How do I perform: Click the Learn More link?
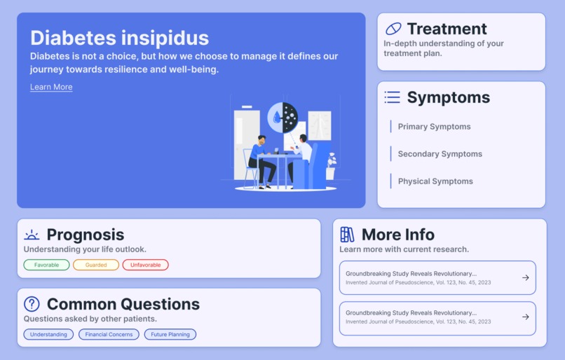(51, 87)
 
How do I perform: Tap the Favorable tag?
(46, 265)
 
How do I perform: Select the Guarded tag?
(96, 265)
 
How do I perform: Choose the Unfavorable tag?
(145, 265)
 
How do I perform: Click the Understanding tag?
(48, 334)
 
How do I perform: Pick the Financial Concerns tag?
(109, 334)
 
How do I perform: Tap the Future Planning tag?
(170, 334)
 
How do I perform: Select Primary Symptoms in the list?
(434, 127)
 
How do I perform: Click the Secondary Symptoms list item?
(440, 154)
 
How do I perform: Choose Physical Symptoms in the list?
(435, 181)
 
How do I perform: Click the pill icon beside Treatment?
(393, 29)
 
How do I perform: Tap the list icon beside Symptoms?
(393, 97)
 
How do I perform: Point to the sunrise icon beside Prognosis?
(32, 235)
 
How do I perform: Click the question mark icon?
(32, 304)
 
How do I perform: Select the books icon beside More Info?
(347, 235)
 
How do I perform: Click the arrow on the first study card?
(526, 277)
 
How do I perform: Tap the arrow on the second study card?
(526, 317)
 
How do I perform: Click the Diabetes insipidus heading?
(119, 37)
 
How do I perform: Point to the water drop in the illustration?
(277, 118)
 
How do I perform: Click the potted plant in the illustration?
(331, 167)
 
